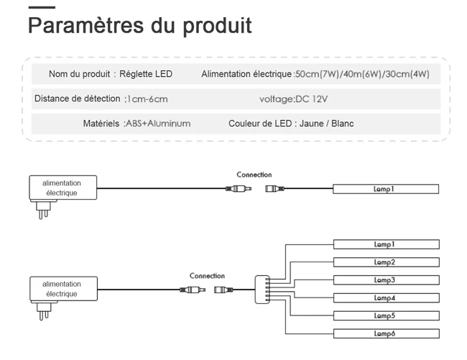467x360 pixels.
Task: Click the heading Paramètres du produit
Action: click(139, 25)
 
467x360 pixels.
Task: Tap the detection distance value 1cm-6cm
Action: click(146, 99)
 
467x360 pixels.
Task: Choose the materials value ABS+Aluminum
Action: click(157, 124)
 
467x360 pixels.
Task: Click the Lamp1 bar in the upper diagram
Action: click(386, 189)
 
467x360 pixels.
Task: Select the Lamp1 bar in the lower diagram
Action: click(386, 245)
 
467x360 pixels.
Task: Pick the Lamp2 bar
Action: click(386, 263)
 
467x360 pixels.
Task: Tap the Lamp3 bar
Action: click(386, 280)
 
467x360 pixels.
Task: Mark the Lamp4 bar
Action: click(386, 298)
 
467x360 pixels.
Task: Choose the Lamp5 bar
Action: click(386, 316)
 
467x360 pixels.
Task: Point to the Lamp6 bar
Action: click(386, 333)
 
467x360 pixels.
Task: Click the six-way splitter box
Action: click(262, 290)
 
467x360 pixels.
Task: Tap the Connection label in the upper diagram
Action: click(254, 175)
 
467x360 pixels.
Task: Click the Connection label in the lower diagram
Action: click(207, 276)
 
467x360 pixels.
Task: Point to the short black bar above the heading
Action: click(42, 7)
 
